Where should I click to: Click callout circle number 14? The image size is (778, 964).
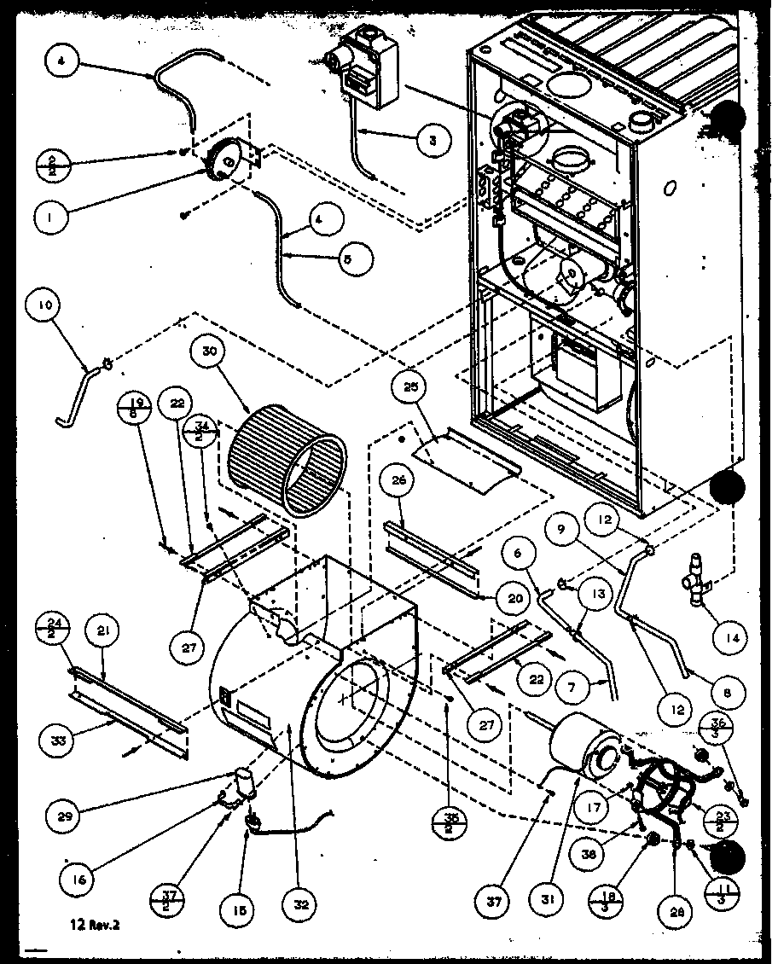[x=731, y=636]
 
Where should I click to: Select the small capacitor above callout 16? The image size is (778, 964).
[x=244, y=781]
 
